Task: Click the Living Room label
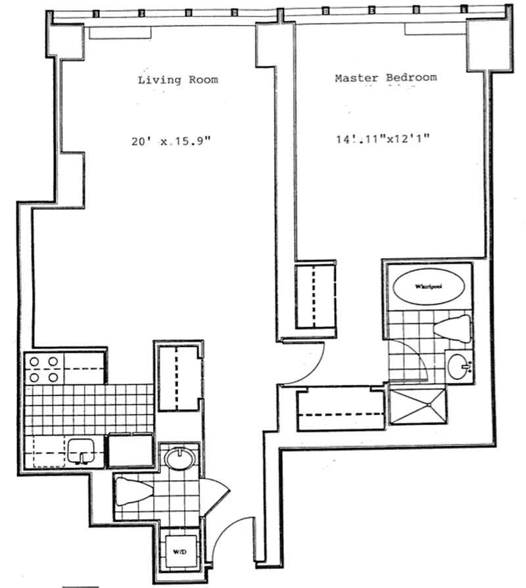178,80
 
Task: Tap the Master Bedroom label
385,78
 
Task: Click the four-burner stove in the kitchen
43,369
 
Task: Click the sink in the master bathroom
458,366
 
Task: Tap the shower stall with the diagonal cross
418,405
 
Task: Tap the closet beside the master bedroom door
316,296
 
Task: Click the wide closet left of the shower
341,411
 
